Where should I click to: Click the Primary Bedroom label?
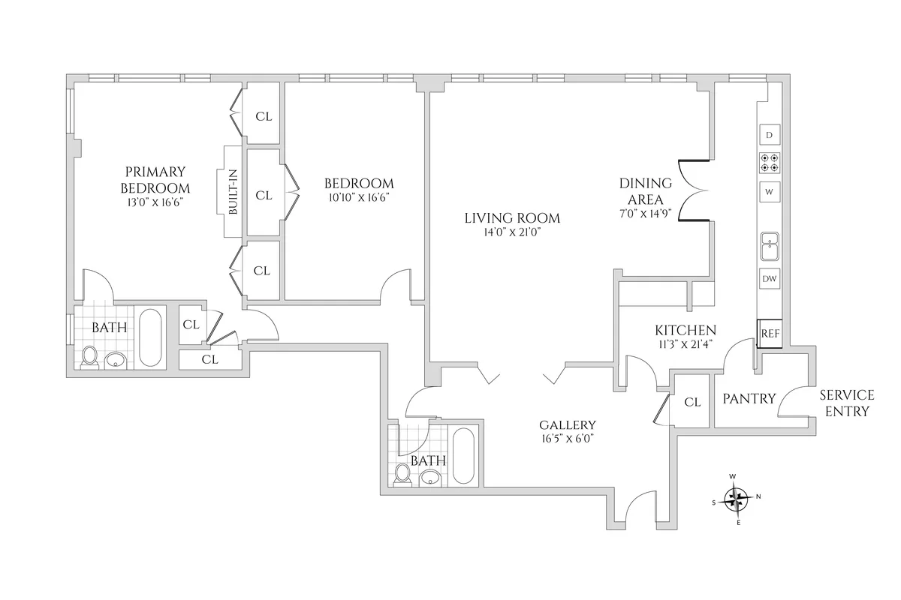click(x=155, y=180)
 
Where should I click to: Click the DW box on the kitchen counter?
click(x=770, y=279)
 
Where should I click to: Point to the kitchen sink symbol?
click(x=770, y=245)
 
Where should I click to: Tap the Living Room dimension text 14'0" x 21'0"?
click(x=513, y=233)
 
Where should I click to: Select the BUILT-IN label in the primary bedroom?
click(x=234, y=193)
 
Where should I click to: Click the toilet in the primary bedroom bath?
click(x=91, y=356)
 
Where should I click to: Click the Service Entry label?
click(x=846, y=403)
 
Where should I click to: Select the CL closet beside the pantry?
click(x=692, y=402)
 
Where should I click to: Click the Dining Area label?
click(x=640, y=190)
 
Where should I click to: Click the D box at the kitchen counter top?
click(x=770, y=135)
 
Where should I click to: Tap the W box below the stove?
click(x=770, y=191)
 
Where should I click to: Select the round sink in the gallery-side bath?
click(x=431, y=477)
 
